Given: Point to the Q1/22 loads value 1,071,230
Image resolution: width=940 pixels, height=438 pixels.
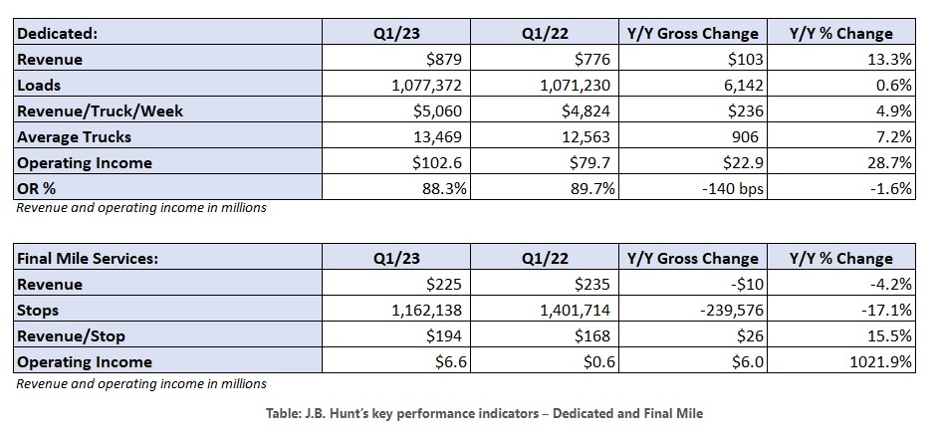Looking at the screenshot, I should tap(560, 85).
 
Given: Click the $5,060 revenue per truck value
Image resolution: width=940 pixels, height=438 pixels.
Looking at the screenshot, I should tap(429, 110).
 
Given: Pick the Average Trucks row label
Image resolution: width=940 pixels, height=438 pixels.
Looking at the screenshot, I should tap(74, 136).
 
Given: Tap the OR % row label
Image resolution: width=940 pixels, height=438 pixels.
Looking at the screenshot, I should tap(41, 188).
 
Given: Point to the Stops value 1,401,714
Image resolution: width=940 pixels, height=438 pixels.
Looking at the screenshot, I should tap(560, 310).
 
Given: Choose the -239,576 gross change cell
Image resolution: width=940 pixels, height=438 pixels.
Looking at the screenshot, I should tap(731, 310).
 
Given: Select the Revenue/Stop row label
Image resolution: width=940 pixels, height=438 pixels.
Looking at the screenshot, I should tap(73, 335).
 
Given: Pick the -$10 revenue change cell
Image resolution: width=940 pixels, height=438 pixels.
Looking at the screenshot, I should tap(750, 284).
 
